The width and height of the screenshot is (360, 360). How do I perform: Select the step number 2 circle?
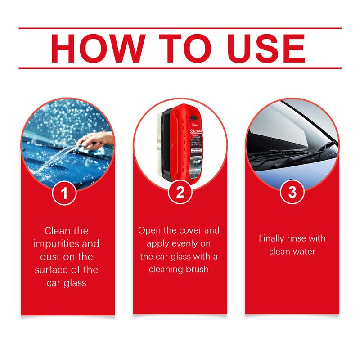(x=180, y=193)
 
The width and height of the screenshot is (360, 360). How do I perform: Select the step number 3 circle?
(x=292, y=193)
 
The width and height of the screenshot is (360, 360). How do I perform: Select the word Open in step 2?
(x=149, y=230)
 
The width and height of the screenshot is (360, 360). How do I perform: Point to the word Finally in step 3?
(x=272, y=238)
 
